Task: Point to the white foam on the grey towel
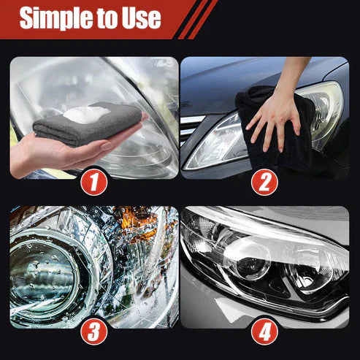click(87, 114)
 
